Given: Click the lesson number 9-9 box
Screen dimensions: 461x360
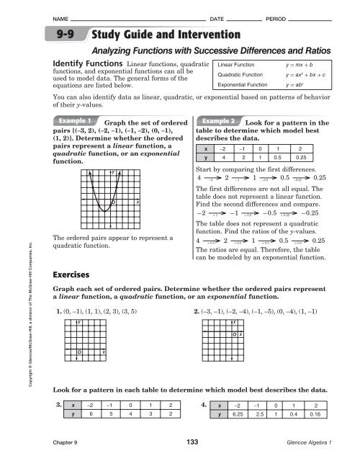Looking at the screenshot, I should [x=81, y=35].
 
